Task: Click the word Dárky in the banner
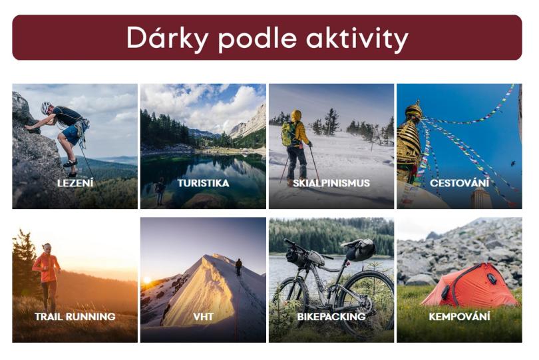click(167, 37)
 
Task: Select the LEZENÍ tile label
click(75, 183)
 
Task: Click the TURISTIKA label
click(203, 183)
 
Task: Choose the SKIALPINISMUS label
click(331, 183)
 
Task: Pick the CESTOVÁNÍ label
click(459, 182)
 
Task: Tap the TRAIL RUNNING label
click(75, 316)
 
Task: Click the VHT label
click(203, 316)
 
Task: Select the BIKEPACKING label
click(331, 316)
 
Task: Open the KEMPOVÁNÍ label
click(459, 316)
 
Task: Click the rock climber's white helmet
click(46, 108)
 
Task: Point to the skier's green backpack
click(288, 134)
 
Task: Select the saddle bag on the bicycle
click(359, 249)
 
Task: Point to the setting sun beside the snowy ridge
click(147, 280)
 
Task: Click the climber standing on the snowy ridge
click(239, 267)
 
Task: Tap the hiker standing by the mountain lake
click(160, 191)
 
